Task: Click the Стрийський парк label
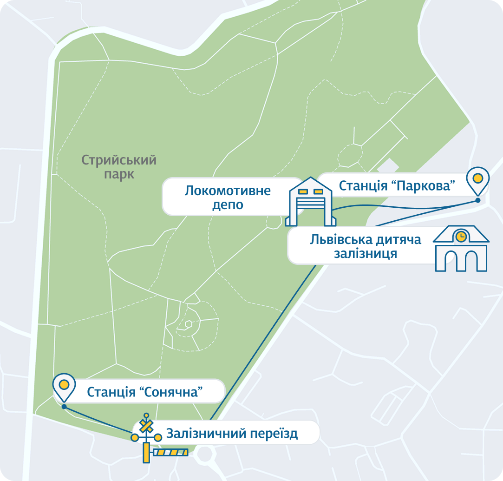tap(119, 167)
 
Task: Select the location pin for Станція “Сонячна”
tap(64, 386)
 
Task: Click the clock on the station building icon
tap(461, 237)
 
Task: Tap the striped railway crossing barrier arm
tap(170, 452)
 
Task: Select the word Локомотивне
tap(228, 191)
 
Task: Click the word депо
tap(228, 205)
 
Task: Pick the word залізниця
tap(366, 254)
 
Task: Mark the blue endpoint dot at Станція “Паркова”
tap(477, 201)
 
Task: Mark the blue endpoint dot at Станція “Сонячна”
tap(64, 407)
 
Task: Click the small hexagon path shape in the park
tap(189, 324)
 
